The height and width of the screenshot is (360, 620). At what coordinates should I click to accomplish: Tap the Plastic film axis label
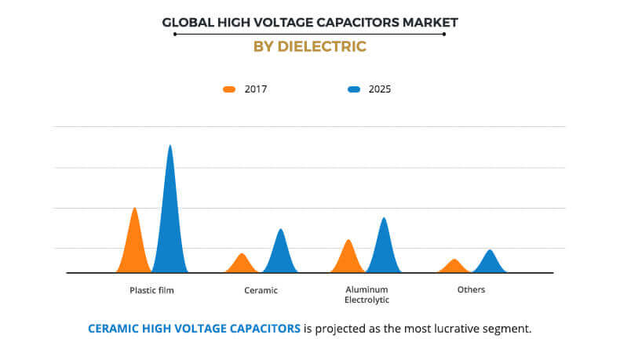(x=151, y=290)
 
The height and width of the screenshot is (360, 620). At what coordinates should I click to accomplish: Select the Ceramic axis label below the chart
(x=261, y=290)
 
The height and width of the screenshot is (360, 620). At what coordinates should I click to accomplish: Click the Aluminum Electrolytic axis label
(x=367, y=295)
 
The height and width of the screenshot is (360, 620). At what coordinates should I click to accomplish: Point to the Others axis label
(x=471, y=289)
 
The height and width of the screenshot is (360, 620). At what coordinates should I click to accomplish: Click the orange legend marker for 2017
(x=229, y=89)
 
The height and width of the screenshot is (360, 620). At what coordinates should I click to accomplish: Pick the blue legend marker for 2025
(x=354, y=89)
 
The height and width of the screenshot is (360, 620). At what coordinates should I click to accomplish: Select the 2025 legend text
(x=379, y=89)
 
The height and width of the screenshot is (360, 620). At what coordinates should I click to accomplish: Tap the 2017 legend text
(x=256, y=89)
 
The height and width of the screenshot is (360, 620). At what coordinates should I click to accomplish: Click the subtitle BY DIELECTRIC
(x=310, y=46)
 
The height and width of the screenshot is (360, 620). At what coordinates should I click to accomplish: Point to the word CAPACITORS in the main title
(x=356, y=22)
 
